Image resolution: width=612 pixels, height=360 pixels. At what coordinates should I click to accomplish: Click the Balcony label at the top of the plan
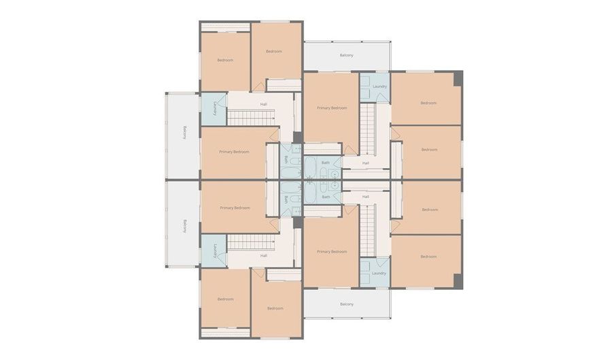tap(346, 55)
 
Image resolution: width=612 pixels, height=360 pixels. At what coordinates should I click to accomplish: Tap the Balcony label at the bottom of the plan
tap(346, 304)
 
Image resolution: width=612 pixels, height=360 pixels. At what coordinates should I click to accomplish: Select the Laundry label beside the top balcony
tap(379, 86)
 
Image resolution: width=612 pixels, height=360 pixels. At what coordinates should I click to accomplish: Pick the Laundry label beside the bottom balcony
tap(379, 273)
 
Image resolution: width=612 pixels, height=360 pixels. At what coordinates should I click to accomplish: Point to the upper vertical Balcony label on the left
tap(184, 132)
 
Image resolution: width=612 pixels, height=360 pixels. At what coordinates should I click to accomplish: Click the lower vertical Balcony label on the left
tap(184, 226)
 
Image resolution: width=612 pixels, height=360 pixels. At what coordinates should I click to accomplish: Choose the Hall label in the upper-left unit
tap(263, 104)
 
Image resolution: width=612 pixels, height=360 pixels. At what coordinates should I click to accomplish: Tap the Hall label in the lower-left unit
tap(263, 255)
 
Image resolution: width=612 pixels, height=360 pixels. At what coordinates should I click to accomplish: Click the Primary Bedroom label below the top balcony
tap(332, 108)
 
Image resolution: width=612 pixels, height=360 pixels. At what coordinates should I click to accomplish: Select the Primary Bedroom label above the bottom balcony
tap(332, 251)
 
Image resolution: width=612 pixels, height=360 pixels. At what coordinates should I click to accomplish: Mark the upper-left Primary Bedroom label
tap(234, 151)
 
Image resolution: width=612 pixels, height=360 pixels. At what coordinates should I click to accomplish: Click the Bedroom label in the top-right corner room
tap(428, 103)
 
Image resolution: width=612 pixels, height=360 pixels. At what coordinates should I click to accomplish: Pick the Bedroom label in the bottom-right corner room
tap(428, 257)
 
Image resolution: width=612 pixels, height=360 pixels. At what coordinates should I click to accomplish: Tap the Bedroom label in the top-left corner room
tap(225, 61)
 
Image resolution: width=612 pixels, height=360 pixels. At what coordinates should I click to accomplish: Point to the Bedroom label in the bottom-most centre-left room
tap(275, 308)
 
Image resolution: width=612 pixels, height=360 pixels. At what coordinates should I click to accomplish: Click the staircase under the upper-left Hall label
tap(249, 118)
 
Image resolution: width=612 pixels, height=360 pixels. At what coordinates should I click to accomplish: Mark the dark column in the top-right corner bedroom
tap(458, 78)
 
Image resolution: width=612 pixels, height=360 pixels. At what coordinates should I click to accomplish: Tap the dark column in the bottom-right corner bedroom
tap(458, 281)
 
